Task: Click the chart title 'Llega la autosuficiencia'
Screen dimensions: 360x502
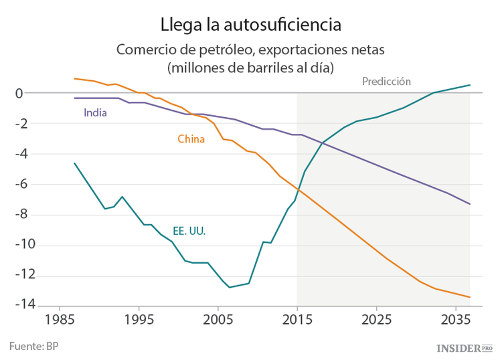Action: [251, 24]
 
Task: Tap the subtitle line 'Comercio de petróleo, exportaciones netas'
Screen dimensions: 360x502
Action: [250, 50]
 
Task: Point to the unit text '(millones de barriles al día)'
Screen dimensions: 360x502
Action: [250, 68]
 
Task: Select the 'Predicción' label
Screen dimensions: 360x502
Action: [386, 82]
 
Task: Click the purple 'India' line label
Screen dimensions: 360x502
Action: [95, 112]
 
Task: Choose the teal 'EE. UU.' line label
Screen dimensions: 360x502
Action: [189, 231]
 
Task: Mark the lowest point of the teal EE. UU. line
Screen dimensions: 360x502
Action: [230, 287]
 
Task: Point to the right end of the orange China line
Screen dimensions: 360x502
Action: [470, 297]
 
